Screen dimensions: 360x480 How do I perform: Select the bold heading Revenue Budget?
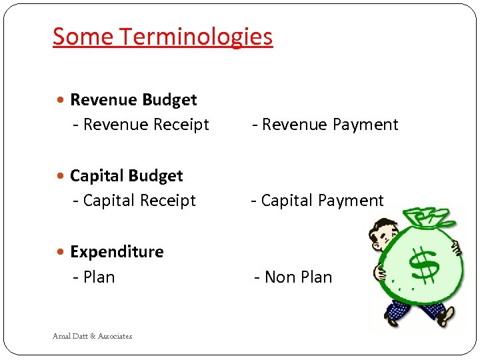coord(133,100)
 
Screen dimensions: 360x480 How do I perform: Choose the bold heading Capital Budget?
coord(126,176)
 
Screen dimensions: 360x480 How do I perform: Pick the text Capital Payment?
coord(317,201)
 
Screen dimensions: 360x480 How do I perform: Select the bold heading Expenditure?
coord(117,252)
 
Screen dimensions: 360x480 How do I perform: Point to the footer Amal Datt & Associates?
coord(93,336)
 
